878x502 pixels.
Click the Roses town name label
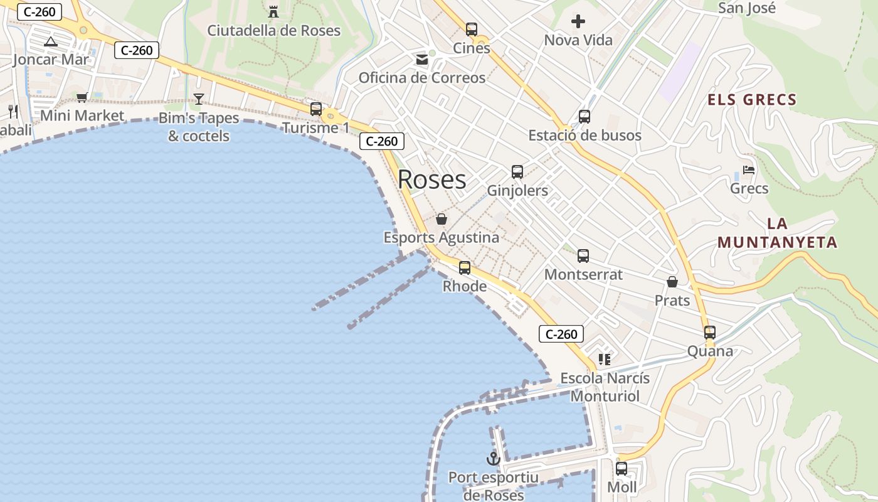(x=432, y=179)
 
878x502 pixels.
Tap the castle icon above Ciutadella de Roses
(x=273, y=11)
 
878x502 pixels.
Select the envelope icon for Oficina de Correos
(x=422, y=60)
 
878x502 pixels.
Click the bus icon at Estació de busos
(x=584, y=116)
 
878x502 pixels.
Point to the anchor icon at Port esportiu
(x=494, y=459)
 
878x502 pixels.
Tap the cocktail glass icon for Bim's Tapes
(x=199, y=99)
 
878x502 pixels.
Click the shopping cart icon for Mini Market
(x=82, y=97)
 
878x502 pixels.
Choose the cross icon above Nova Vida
(x=578, y=21)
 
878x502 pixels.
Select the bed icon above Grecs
(x=749, y=169)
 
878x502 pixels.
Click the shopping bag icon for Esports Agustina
(x=442, y=219)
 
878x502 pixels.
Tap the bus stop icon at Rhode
(x=465, y=268)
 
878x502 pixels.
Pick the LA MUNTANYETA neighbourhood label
(x=778, y=233)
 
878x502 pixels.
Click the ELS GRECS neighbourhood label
(x=752, y=99)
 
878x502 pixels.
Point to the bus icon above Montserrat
(x=583, y=256)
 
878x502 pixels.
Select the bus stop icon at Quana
(x=710, y=333)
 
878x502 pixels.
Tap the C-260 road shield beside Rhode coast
(x=561, y=334)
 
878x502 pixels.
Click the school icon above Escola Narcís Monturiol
(x=605, y=360)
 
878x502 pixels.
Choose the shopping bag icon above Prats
(x=672, y=282)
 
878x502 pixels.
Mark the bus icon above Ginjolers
(x=517, y=172)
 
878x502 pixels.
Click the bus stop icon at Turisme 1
(x=316, y=109)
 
